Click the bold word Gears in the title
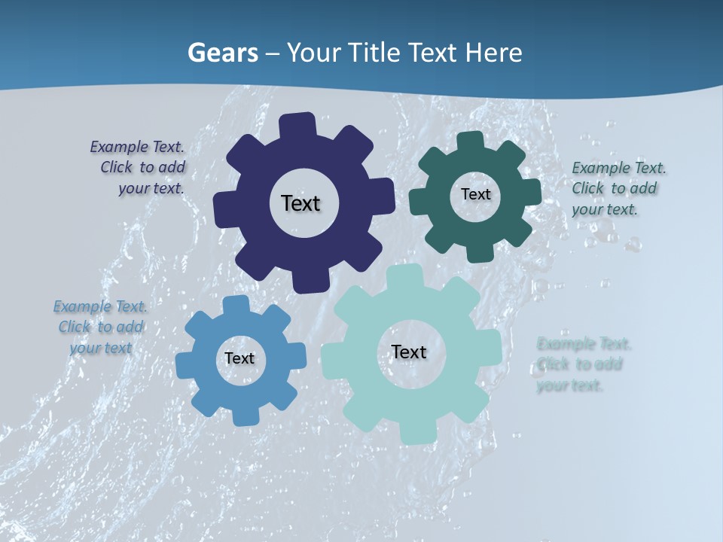tap(221, 53)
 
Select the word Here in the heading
tap(493, 53)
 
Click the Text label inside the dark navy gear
tap(300, 203)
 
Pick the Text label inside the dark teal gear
tap(475, 194)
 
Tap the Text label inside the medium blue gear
tap(239, 358)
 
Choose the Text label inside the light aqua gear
tap(409, 352)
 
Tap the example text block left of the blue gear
tap(101, 327)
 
